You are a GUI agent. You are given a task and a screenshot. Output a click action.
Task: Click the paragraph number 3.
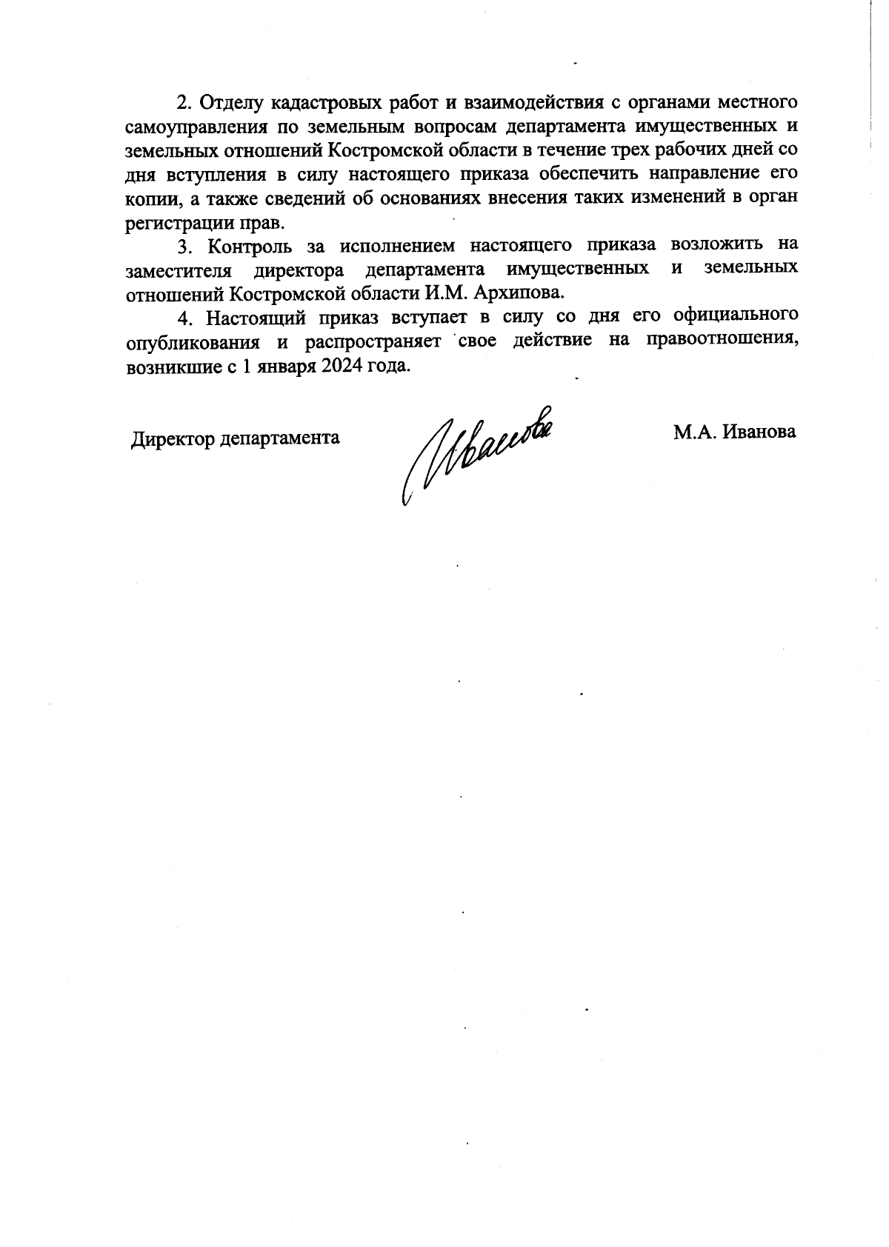coord(184,246)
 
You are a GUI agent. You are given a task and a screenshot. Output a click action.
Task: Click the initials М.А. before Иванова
coord(694,432)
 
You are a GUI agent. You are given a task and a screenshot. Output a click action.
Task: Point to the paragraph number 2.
coord(184,102)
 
